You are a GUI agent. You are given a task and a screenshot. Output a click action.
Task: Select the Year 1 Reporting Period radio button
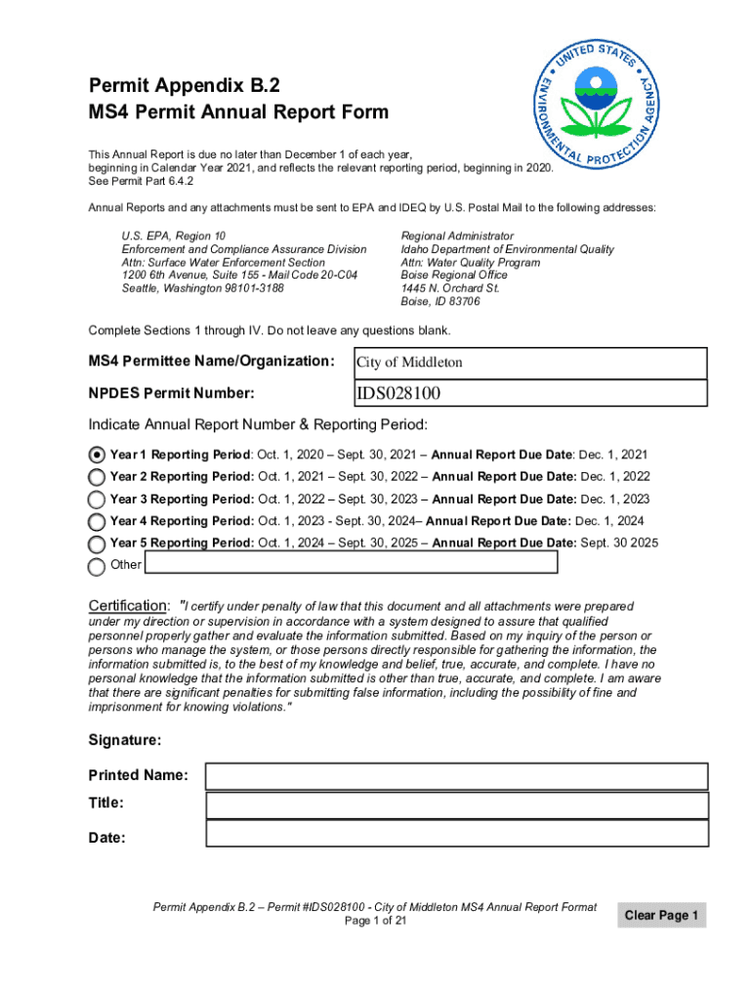click(97, 456)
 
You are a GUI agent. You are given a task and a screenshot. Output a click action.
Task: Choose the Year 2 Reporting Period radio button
click(97, 477)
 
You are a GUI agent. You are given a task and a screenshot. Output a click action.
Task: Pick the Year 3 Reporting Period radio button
click(97, 500)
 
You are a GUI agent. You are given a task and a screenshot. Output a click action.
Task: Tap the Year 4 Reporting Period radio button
click(97, 522)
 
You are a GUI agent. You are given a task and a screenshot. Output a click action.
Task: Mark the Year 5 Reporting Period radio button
click(97, 544)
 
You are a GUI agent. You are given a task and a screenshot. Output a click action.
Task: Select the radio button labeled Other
click(97, 566)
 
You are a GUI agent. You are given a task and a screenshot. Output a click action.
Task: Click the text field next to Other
click(351, 563)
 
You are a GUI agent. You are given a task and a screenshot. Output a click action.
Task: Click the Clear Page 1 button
click(661, 916)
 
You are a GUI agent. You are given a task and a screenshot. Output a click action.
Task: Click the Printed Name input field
click(456, 776)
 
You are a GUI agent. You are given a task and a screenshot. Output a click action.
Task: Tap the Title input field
click(456, 805)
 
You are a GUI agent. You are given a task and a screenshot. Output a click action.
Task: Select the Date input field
click(456, 833)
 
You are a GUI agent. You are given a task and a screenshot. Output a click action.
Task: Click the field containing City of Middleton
click(528, 363)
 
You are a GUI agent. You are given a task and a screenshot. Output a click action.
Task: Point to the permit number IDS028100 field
click(528, 393)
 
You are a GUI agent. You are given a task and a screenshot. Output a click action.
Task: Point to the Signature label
click(125, 740)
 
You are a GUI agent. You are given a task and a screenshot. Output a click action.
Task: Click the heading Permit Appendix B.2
click(183, 84)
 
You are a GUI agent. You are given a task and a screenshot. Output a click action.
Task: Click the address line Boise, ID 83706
click(440, 302)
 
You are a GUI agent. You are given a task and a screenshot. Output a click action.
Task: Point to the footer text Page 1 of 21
click(375, 921)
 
